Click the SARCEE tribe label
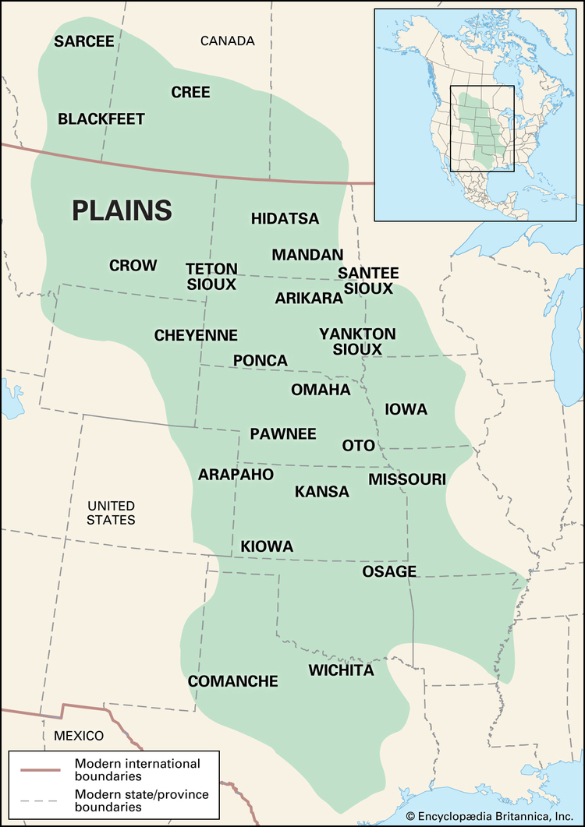84,42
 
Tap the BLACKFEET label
101,119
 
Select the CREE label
190,93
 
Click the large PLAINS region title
122,210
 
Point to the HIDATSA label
285,219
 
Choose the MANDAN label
307,255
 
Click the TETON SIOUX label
211,277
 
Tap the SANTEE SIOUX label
368,281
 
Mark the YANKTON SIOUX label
357,341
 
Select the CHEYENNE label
196,335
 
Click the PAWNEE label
282,433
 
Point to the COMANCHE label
233,681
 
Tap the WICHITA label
341,670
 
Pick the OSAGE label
389,571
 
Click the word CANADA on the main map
227,41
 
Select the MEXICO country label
79,736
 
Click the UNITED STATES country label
111,513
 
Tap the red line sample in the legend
41,769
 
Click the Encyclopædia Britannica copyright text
492,816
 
